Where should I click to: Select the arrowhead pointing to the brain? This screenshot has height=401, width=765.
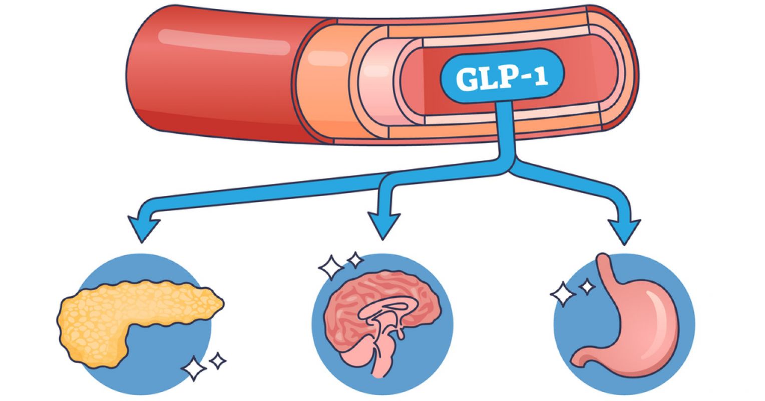(384, 225)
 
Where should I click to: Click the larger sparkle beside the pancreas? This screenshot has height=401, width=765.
(194, 369)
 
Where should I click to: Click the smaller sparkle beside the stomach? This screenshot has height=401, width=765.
(586, 287)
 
